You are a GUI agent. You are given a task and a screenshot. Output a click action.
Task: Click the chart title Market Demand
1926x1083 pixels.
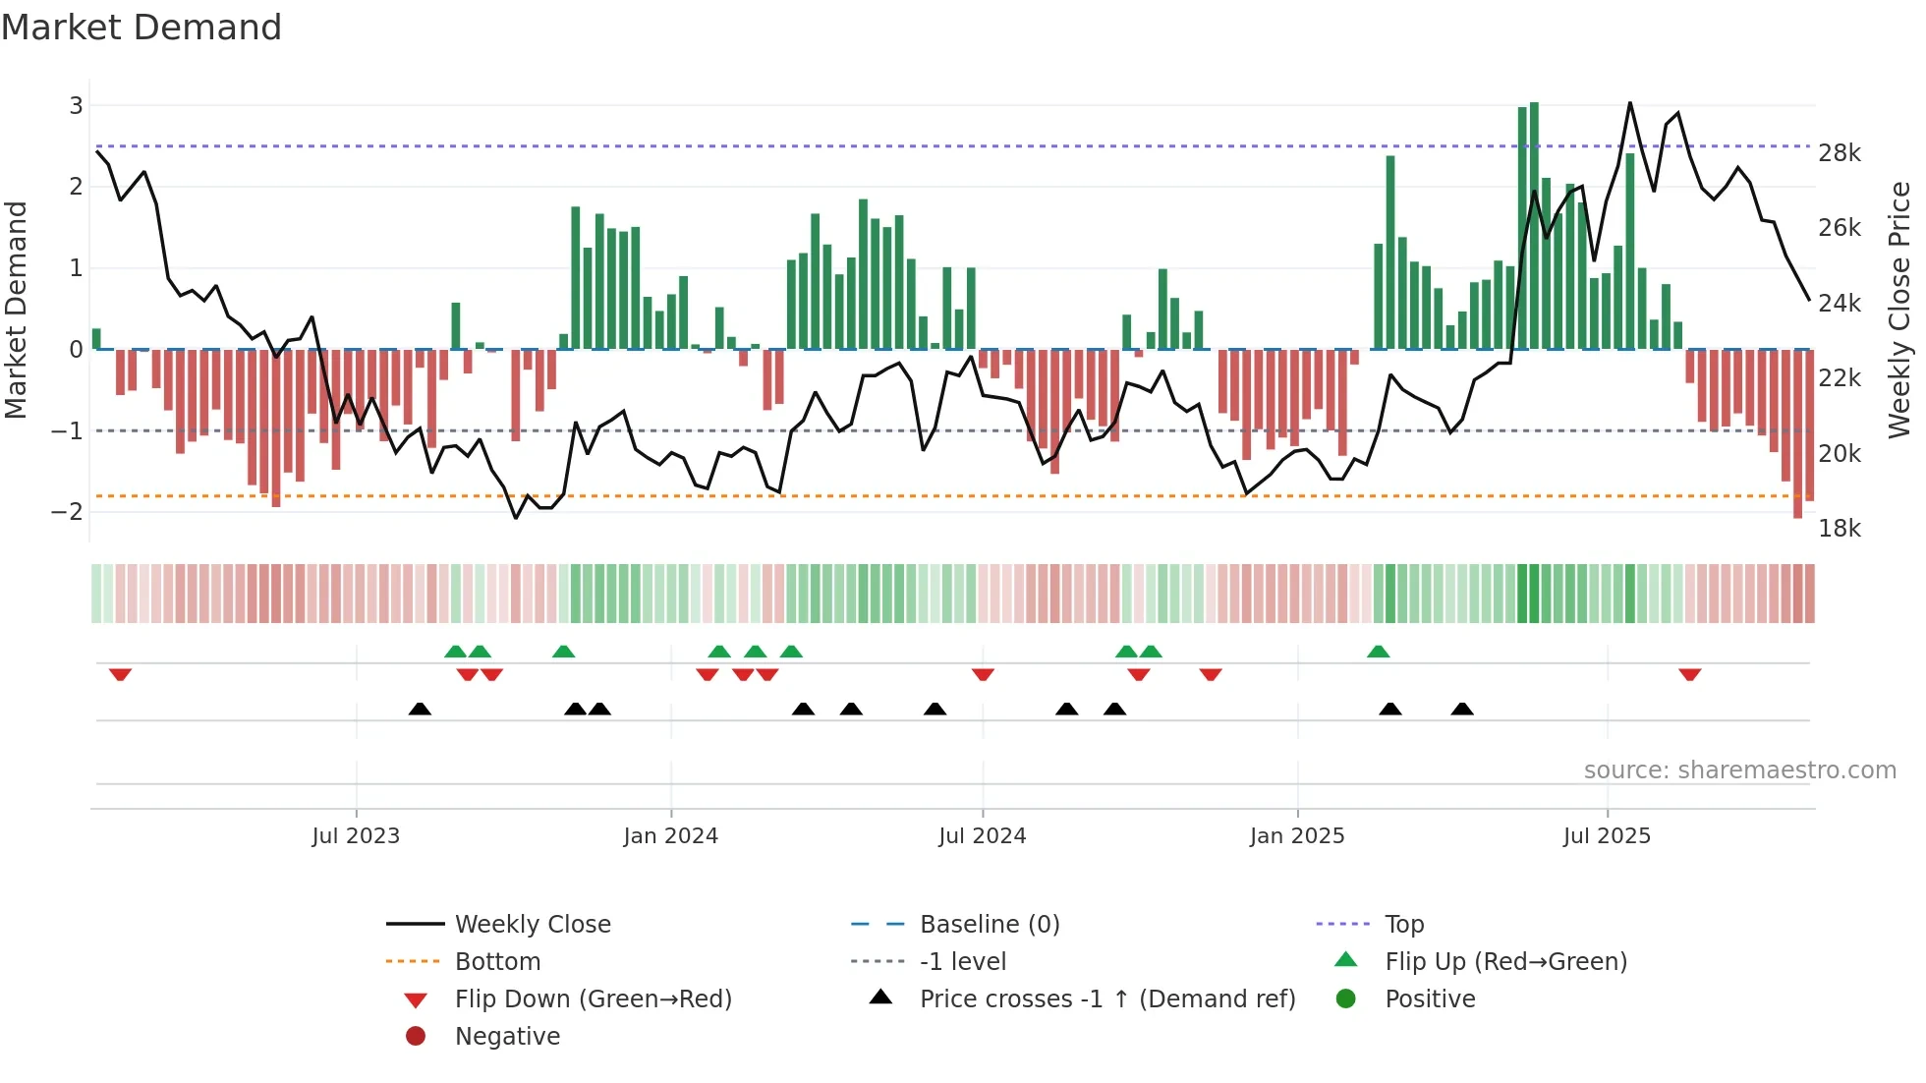click(x=142, y=28)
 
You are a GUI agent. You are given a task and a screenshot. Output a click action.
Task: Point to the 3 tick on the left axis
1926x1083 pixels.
click(x=76, y=105)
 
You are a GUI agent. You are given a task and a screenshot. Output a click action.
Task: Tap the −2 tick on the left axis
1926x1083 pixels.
click(x=68, y=512)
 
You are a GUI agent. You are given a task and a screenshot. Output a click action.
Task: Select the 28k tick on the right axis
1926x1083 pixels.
click(x=1840, y=153)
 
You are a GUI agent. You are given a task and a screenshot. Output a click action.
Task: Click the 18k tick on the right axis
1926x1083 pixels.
click(x=1840, y=529)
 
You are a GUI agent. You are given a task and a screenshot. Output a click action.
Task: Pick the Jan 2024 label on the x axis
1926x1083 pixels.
click(x=670, y=836)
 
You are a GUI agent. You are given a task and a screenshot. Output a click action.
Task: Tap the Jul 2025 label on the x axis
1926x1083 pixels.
click(x=1607, y=836)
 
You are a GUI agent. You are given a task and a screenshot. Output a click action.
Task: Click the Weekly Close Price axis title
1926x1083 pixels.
click(x=1899, y=310)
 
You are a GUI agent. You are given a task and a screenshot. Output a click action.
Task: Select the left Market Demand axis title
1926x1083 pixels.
click(x=17, y=310)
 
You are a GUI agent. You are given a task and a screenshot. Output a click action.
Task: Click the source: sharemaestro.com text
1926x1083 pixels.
click(x=1739, y=770)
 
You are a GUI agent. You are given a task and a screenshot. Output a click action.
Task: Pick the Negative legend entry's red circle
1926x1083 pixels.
click(x=416, y=1037)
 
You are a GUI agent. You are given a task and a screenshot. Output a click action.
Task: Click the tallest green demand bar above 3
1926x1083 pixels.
click(x=1534, y=226)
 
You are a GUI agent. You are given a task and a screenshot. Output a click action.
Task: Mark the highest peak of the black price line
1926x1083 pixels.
click(x=1629, y=103)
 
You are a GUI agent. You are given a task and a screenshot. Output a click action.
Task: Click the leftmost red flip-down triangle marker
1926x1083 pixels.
click(x=120, y=674)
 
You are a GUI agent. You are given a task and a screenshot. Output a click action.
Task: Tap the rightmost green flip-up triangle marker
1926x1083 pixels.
click(x=1379, y=652)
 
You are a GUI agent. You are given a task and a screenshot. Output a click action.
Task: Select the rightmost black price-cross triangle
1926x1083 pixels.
click(x=1462, y=709)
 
